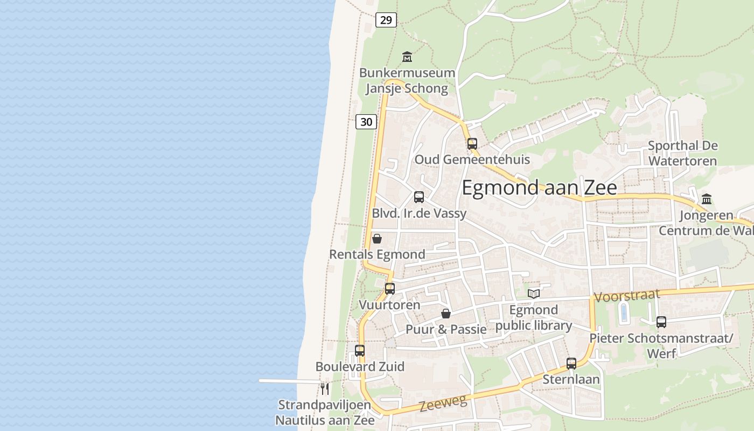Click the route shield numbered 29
[386, 20]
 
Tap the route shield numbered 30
[366, 122]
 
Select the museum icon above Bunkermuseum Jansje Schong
[407, 56]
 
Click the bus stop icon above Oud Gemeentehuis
[472, 143]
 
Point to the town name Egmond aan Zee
[539, 187]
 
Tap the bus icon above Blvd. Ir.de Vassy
[419, 197]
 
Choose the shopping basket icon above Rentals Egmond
[377, 239]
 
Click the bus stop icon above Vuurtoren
[390, 288]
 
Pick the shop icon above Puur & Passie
[446, 314]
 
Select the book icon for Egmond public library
[534, 294]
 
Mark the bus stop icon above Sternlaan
[571, 363]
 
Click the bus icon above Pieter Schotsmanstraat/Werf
[661, 322]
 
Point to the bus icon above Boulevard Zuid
[360, 351]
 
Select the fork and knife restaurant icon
[325, 388]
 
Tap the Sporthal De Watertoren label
[682, 153]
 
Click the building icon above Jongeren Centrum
[707, 199]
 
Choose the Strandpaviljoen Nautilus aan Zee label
[324, 413]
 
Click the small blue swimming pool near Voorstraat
[624, 312]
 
